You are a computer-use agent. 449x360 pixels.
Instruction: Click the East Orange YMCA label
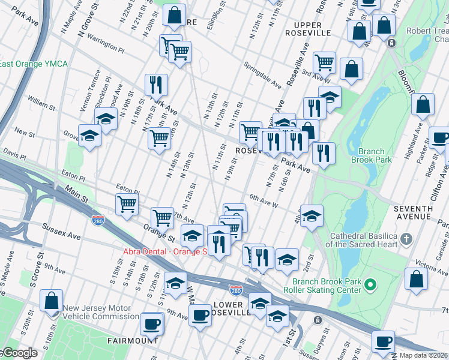click(34, 64)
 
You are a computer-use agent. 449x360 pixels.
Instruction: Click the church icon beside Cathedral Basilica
click(406, 239)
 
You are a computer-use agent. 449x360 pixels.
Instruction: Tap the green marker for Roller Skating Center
click(371, 283)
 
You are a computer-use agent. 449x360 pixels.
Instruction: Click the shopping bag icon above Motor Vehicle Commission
click(52, 300)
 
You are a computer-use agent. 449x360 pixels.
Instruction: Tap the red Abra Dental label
click(164, 252)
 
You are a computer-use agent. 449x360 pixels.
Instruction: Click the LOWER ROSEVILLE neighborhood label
click(232, 308)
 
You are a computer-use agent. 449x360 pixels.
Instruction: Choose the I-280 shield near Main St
click(97, 221)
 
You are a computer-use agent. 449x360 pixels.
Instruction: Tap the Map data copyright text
click(423, 355)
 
